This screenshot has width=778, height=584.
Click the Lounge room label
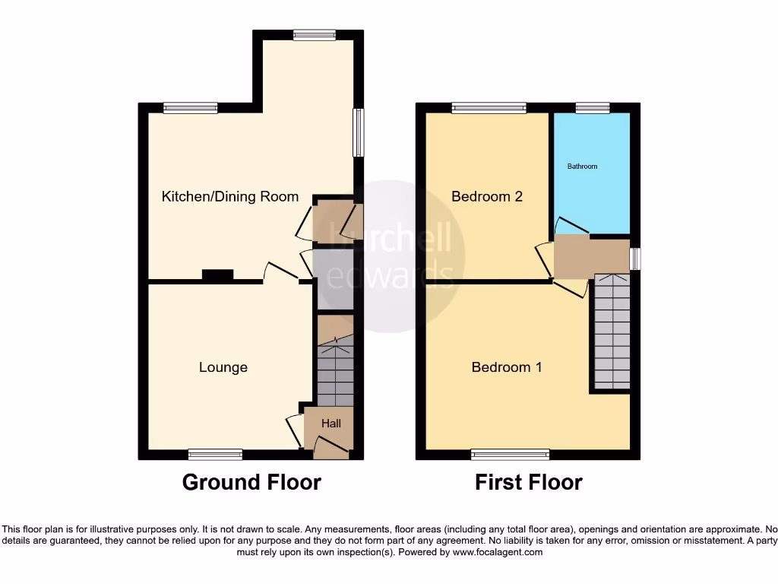(x=223, y=367)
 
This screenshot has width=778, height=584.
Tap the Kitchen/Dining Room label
(x=230, y=196)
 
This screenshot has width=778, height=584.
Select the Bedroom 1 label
(x=507, y=367)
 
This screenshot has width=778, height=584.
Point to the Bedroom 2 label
(x=487, y=196)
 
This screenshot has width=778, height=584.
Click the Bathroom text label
(x=583, y=166)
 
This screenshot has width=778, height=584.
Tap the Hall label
(x=331, y=424)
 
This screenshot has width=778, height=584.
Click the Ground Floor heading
(x=251, y=482)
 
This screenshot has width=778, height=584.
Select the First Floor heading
(x=529, y=482)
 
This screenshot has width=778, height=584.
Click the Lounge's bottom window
(x=215, y=454)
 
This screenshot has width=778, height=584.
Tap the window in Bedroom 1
(x=510, y=454)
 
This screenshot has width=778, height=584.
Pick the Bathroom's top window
(x=593, y=108)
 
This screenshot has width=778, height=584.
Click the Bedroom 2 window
(x=489, y=108)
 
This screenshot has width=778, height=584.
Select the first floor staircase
(x=612, y=332)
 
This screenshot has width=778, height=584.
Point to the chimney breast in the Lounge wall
(x=217, y=276)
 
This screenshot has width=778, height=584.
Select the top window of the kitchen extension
(x=315, y=34)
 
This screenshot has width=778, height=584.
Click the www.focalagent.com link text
(x=498, y=552)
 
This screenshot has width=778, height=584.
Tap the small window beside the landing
(x=636, y=259)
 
